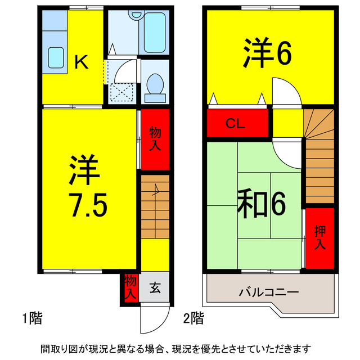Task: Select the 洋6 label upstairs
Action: (x=267, y=53)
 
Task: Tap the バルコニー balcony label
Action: (x=268, y=292)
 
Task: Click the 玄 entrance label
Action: (x=155, y=289)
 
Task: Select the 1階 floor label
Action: (x=32, y=318)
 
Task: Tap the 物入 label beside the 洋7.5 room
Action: (x=155, y=138)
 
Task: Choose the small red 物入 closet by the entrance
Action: (x=130, y=287)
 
